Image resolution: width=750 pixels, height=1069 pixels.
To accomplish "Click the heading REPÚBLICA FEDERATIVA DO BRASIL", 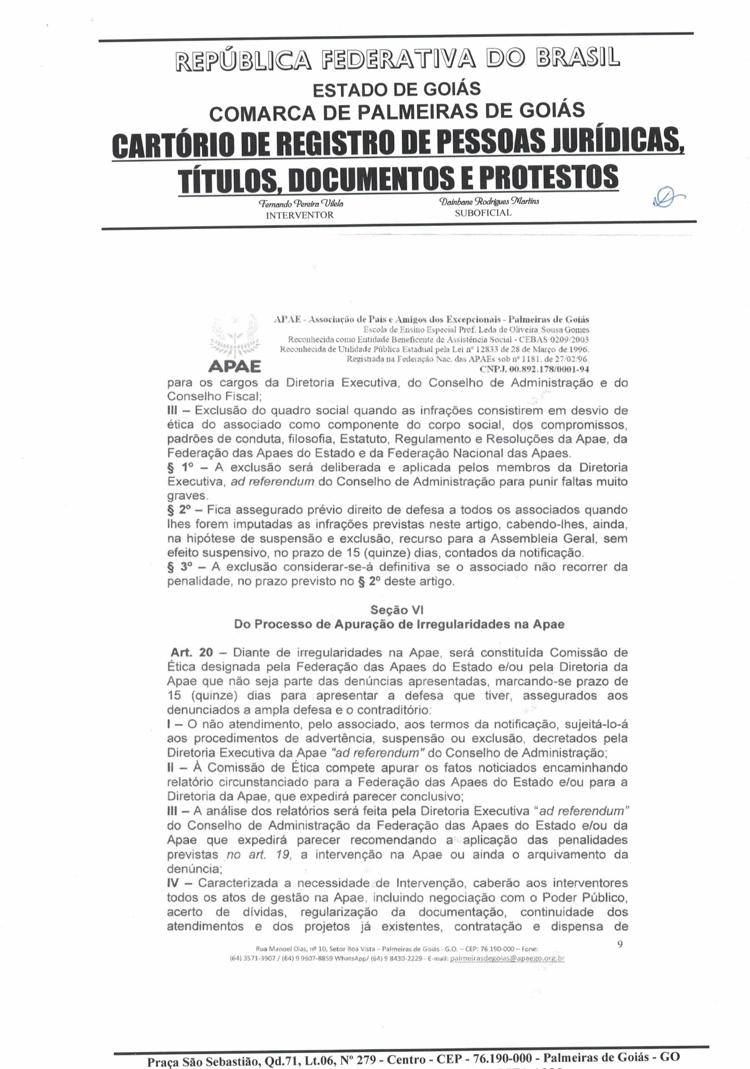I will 398,60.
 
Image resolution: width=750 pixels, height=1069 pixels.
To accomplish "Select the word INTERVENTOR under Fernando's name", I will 299,215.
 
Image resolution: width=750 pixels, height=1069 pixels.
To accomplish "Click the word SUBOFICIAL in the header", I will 483,213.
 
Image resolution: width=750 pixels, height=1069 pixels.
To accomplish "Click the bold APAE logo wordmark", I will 234,366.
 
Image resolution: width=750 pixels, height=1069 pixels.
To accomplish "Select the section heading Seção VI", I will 396,610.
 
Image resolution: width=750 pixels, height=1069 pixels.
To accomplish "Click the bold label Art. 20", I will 192,653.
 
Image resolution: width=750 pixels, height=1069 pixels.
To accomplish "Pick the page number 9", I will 620,944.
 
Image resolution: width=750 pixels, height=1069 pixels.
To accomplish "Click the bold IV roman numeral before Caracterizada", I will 173,884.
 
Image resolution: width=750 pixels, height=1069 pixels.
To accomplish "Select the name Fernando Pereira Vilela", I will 301,203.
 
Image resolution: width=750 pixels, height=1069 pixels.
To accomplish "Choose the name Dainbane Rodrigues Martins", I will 489,201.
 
